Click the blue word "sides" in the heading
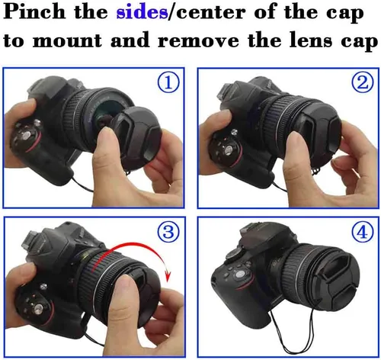coord(142,12)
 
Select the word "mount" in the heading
coord(68,40)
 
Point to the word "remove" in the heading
coord(198,40)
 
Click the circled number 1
coord(168,82)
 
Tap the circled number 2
coord(363,82)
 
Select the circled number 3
coord(168,231)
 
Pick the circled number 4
coord(363,231)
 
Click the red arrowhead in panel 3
coord(168,276)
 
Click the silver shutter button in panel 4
coord(239,275)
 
